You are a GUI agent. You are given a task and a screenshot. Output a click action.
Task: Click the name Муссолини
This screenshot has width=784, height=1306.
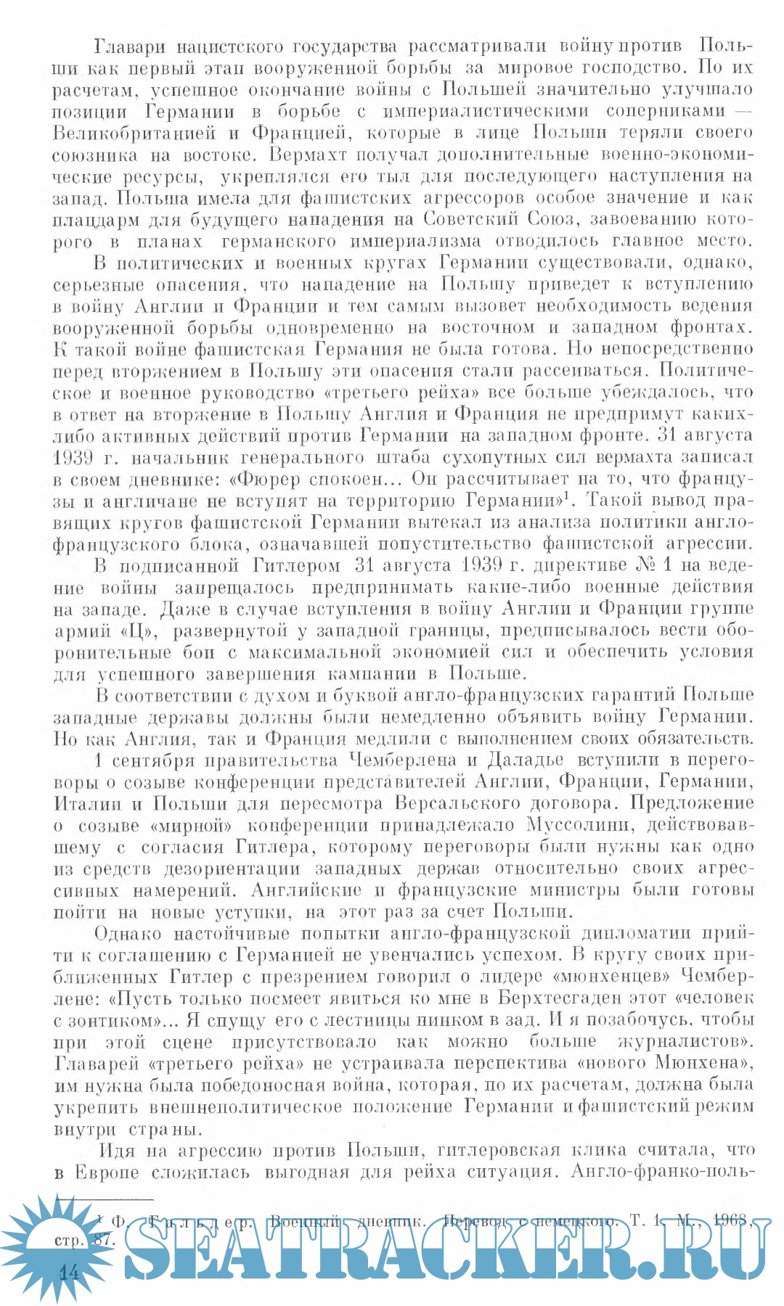click(579, 826)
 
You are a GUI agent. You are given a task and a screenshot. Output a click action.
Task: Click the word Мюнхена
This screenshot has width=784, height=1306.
click(698, 1064)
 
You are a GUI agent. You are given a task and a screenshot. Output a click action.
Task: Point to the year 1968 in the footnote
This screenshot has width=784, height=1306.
click(730, 1220)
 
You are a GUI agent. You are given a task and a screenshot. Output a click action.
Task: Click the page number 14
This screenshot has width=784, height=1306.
click(70, 1273)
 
